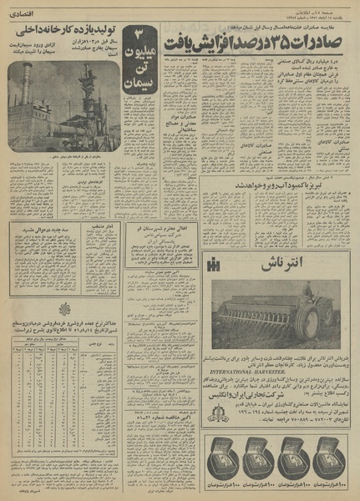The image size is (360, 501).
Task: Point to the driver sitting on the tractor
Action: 327,284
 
